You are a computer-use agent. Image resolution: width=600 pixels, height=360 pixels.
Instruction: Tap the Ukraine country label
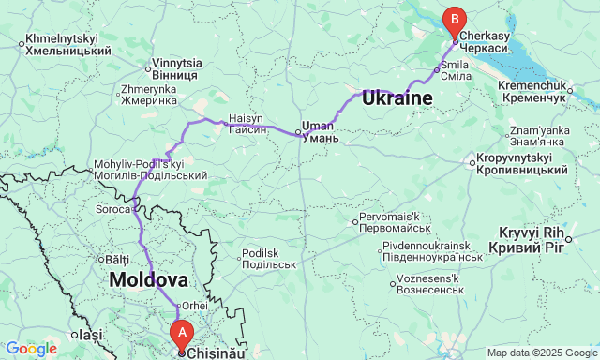coord(397,97)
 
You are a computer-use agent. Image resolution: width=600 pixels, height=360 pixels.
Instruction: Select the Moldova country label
coord(148,279)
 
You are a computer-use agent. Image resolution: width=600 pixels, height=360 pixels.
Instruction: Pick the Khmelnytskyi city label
coord(62,43)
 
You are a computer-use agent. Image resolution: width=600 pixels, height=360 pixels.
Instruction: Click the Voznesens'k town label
coord(427,283)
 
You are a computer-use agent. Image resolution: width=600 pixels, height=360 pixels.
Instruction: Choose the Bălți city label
coord(116,259)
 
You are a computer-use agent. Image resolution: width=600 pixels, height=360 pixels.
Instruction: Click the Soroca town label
coord(112,209)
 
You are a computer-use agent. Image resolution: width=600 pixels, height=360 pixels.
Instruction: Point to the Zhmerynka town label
coord(148,96)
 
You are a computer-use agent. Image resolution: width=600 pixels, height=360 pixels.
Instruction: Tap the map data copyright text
coord(542,352)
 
